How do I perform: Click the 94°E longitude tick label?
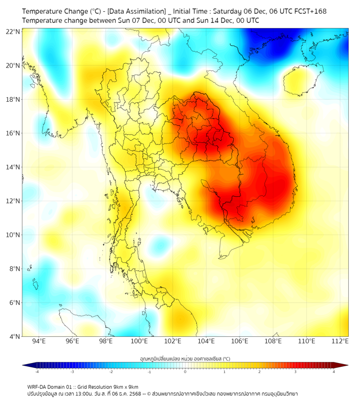tap(39, 342)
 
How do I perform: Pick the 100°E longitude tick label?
tap(140, 342)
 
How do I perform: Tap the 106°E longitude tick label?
tap(240, 342)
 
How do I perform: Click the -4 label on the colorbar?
tap(37, 372)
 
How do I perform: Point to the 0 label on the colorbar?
tap(185, 372)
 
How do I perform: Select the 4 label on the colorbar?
tap(334, 372)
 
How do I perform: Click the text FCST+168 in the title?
tap(311, 11)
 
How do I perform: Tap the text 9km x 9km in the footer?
tap(125, 386)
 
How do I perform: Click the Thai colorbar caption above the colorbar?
tap(185, 359)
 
